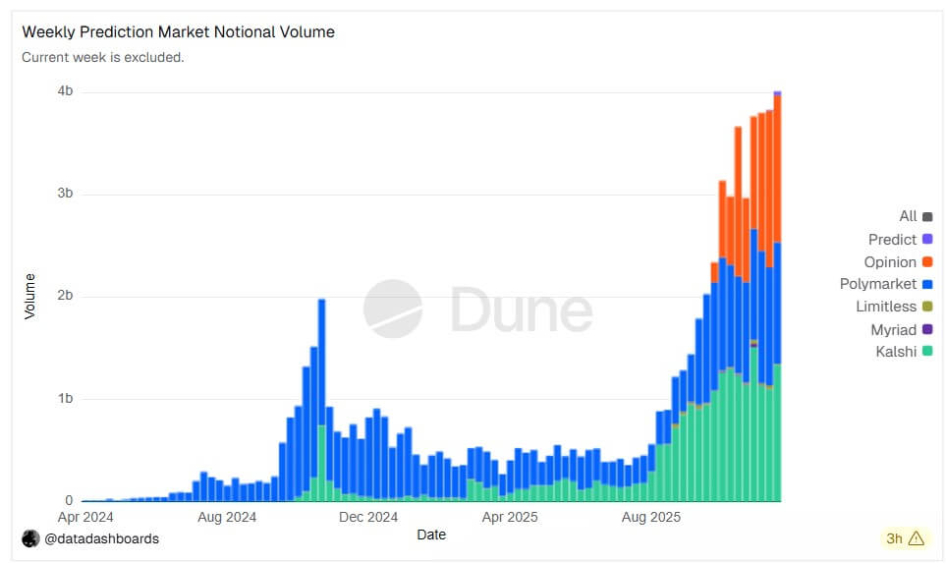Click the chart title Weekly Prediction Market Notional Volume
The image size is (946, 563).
[x=178, y=32]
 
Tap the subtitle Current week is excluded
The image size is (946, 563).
[x=103, y=57]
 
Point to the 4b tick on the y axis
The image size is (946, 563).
[x=65, y=91]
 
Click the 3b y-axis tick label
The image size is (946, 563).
[x=65, y=194]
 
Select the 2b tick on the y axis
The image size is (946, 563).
[x=65, y=296]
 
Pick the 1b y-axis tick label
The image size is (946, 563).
[x=65, y=399]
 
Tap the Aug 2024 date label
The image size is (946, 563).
[x=227, y=516]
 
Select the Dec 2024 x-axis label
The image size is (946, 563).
[x=369, y=516]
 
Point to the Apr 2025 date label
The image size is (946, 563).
[x=509, y=516]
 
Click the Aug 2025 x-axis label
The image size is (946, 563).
[x=650, y=516]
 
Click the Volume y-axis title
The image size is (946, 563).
[x=29, y=296]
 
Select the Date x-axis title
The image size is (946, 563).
[x=430, y=535]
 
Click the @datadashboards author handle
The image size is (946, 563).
[x=101, y=538]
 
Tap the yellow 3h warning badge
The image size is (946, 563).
[x=905, y=537]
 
